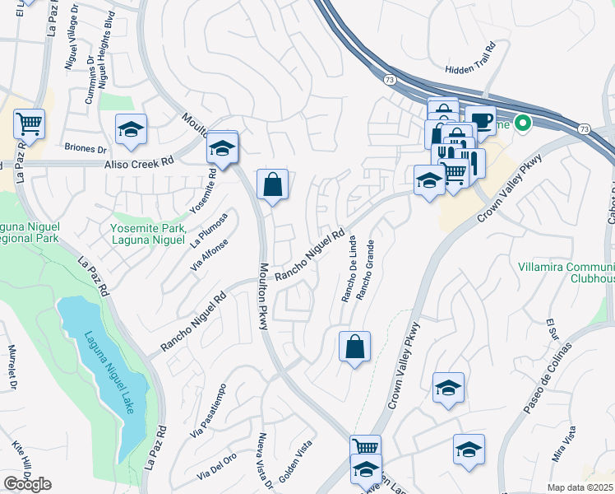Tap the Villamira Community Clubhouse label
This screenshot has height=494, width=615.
566,273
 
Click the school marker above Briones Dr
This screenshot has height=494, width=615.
130,128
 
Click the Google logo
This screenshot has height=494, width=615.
27,484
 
